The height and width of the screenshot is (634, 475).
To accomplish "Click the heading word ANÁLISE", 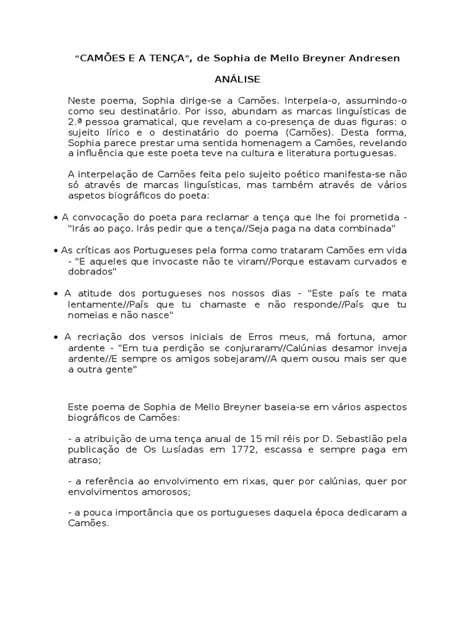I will tap(237, 79).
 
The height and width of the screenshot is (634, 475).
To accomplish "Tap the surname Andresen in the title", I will tap(374, 58).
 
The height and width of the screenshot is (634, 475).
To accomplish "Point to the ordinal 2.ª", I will tap(76, 121).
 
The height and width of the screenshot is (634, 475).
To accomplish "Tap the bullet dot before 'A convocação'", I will tap(56, 219).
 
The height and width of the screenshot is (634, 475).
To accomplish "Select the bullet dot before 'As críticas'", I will tap(56, 250).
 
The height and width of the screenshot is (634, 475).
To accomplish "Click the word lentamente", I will tap(94, 304).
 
